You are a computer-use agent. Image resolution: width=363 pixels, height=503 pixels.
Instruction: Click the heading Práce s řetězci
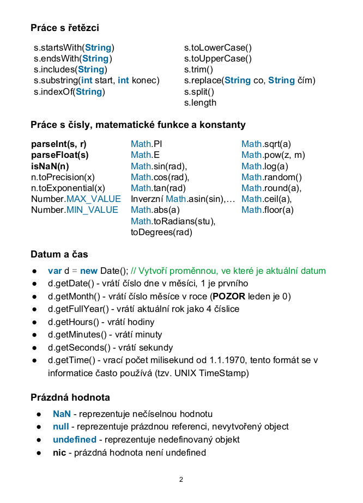click(x=65, y=27)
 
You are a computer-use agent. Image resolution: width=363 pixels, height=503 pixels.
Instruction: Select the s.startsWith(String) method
click(x=74, y=48)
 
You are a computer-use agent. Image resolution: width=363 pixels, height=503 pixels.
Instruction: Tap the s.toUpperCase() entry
click(x=218, y=59)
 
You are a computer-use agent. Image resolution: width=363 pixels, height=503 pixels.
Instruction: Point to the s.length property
click(x=200, y=103)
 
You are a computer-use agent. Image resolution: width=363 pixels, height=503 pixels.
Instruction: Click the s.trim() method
click(x=198, y=70)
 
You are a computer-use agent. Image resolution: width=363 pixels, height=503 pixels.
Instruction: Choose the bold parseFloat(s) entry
click(x=60, y=155)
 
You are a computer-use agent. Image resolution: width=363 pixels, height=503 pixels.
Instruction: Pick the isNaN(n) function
click(x=50, y=166)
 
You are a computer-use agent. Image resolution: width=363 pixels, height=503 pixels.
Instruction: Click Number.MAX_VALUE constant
click(x=76, y=199)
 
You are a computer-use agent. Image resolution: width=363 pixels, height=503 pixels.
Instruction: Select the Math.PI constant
click(x=147, y=144)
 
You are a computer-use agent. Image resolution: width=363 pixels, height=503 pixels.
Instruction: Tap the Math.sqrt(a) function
click(x=266, y=144)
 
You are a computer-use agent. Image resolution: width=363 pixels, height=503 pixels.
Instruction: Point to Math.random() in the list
click(x=271, y=177)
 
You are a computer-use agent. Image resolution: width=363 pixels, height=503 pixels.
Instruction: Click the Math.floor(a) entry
click(x=267, y=210)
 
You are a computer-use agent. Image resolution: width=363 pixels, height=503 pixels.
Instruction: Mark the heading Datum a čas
click(x=59, y=254)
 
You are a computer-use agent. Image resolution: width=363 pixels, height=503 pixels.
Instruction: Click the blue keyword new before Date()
click(x=89, y=271)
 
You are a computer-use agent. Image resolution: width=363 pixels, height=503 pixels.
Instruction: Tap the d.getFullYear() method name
click(x=77, y=309)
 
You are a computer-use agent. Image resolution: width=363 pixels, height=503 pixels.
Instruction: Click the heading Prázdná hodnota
click(x=70, y=397)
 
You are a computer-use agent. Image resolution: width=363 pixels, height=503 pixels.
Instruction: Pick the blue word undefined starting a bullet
click(x=75, y=439)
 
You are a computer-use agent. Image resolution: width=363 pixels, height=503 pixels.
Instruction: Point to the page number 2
click(x=181, y=480)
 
